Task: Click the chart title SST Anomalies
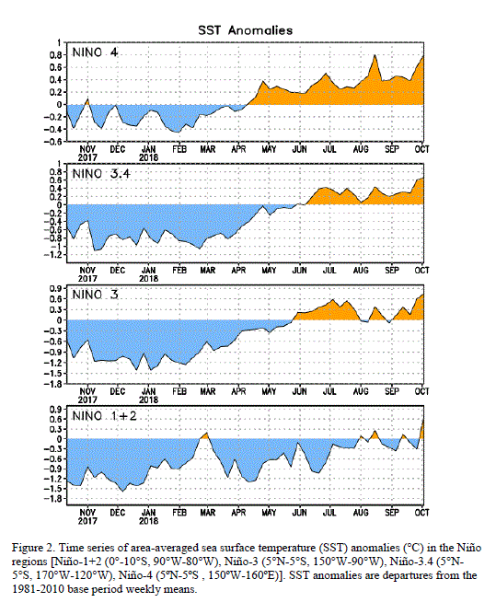[245, 30]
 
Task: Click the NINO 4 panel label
[95, 52]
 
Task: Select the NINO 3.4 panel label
[101, 173]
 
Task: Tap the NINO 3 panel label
[95, 295]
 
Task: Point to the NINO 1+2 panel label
[105, 415]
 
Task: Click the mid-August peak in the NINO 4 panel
[375, 55]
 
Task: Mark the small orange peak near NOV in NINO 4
[87, 99]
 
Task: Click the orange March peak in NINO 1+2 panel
[205, 434]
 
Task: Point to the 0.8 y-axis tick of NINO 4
[56, 55]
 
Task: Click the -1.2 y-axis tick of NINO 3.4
[54, 255]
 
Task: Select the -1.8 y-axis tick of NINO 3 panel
[54, 384]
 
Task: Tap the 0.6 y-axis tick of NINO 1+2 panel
[56, 419]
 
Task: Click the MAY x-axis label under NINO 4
[269, 149]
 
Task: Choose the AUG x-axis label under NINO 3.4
[361, 271]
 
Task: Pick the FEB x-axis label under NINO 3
[179, 391]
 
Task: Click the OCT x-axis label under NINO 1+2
[422, 512]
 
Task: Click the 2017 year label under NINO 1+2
[87, 521]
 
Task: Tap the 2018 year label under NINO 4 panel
[149, 157]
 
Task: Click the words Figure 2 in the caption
[33, 548]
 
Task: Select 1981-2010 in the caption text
[39, 589]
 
